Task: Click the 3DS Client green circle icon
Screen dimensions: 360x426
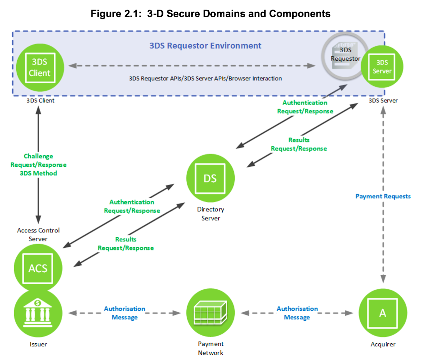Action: [40, 68]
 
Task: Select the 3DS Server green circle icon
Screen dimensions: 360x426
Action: [382, 67]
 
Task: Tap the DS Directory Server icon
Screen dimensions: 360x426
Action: [210, 178]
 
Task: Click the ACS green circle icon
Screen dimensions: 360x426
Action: [38, 268]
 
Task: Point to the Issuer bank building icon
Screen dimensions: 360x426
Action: [38, 313]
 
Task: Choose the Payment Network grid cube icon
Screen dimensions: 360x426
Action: [210, 313]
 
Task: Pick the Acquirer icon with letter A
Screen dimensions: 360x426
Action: [383, 313]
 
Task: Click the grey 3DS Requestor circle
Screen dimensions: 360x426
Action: [345, 56]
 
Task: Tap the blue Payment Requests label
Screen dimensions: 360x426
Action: [383, 196]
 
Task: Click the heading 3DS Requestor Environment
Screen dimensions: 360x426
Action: [205, 46]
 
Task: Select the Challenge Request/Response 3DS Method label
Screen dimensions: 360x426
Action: [38, 165]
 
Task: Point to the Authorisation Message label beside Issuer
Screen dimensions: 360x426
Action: [124, 313]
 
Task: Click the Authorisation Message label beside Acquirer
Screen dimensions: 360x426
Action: [297, 313]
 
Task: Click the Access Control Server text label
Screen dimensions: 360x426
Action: [38, 234]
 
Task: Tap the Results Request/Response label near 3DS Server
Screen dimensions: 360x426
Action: [299, 144]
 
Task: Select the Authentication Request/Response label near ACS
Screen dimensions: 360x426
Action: [132, 206]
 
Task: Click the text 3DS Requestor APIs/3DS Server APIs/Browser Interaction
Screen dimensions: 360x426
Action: [205, 79]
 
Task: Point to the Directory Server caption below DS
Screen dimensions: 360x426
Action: [211, 214]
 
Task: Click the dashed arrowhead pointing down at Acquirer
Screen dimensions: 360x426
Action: [383, 279]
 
